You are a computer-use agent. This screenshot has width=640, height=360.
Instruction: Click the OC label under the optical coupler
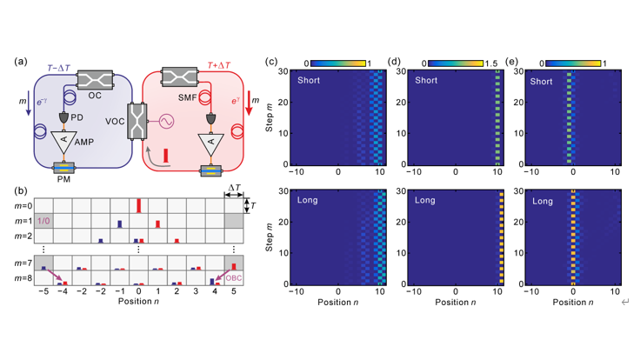95,96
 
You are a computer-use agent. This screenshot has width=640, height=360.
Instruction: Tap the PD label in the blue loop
77,117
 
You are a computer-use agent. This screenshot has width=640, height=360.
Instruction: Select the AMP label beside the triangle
84,142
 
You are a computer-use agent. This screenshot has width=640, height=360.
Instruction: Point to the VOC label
115,122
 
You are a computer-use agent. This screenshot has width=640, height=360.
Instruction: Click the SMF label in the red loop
187,97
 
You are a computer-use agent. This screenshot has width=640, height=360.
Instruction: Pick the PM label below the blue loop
63,179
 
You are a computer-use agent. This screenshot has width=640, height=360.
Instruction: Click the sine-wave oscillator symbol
166,121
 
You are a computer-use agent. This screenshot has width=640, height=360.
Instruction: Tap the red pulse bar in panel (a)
166,156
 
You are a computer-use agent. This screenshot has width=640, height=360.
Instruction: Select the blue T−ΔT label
58,68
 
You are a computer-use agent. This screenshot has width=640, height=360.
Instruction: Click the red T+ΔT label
219,65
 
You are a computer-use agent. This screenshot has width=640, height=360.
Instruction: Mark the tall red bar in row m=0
139,205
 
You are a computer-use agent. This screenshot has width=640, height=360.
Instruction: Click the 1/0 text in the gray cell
43,221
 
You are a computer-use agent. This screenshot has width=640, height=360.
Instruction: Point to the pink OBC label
234,278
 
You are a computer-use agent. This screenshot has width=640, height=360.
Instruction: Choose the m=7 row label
23,263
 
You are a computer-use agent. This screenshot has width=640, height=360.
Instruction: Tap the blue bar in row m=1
120,224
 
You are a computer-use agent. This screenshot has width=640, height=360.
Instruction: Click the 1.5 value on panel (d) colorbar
491,63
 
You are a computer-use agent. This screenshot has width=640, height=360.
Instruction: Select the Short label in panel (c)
309,80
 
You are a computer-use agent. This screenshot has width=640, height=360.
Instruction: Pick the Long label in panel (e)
543,201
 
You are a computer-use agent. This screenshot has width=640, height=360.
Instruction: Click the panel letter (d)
394,62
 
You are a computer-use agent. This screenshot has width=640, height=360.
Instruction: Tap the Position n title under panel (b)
138,301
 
